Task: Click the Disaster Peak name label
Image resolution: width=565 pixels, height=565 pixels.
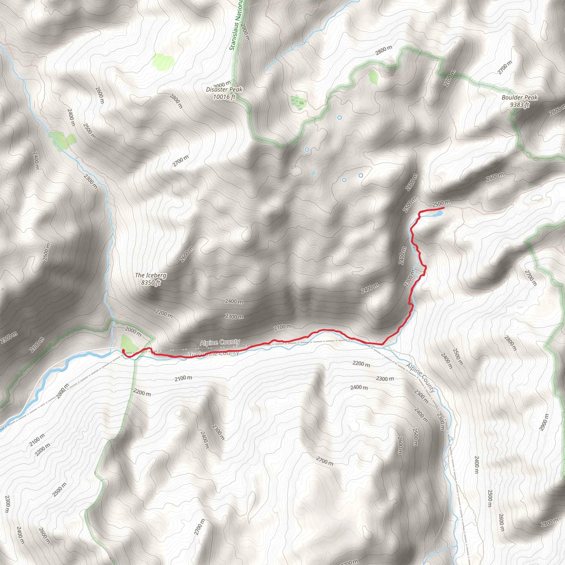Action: coord(224,89)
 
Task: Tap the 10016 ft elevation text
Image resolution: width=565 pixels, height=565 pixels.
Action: coord(224,97)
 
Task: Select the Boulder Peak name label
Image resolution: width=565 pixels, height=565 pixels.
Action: coord(519,97)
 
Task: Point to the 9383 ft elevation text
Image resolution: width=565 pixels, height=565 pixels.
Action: coord(519,105)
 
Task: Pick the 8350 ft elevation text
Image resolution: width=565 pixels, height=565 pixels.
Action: coord(151,282)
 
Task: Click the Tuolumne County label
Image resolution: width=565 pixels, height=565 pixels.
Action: coord(214,354)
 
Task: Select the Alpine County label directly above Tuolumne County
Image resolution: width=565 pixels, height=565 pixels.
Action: coord(220,342)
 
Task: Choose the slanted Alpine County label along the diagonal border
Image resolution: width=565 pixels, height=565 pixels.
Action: coord(420,378)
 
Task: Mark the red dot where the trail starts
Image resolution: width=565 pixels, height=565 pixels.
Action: coord(123,351)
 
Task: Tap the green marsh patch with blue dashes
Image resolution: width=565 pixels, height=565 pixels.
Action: coord(298,103)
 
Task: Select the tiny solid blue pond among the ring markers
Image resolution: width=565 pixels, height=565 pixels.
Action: coord(313,172)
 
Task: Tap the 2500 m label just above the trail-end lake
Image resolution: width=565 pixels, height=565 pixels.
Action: coord(441,204)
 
